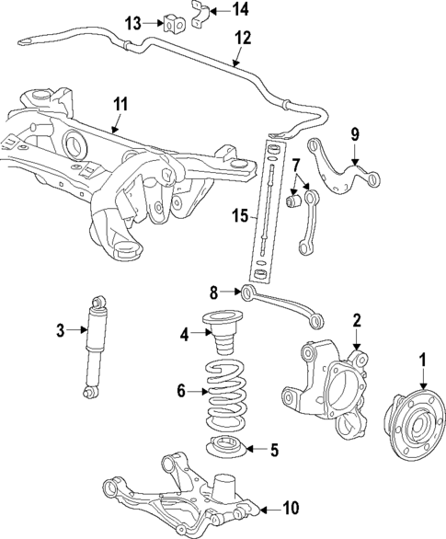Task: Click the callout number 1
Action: pyautogui.click(x=423, y=361)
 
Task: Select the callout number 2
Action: pyautogui.click(x=357, y=321)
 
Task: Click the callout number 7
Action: pyautogui.click(x=296, y=166)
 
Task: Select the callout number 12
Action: pyautogui.click(x=242, y=38)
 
